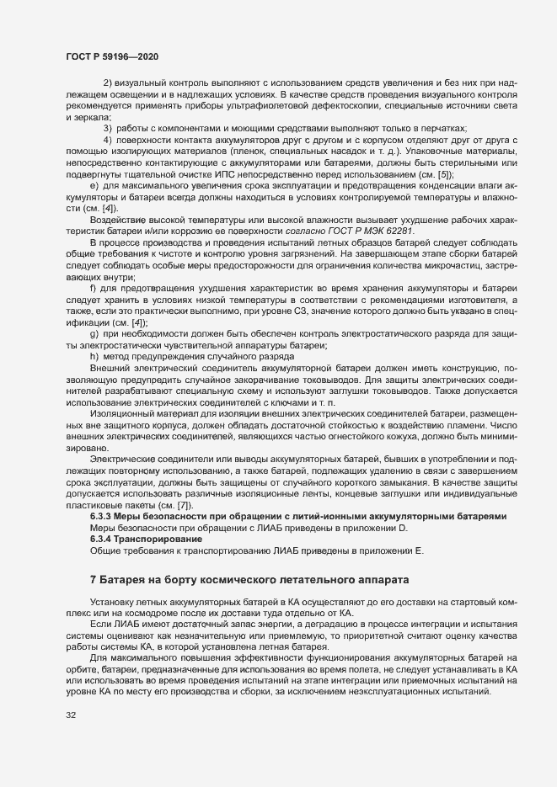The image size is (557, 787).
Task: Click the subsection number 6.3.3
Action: [104, 516]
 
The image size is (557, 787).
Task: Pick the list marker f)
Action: [94, 312]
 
